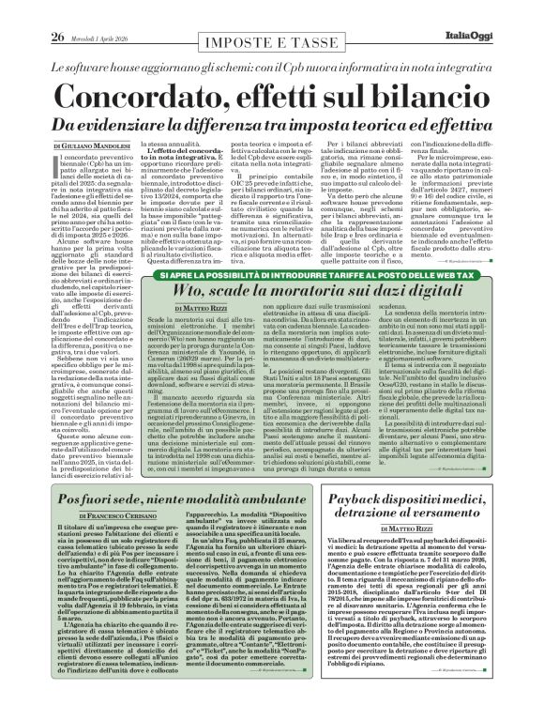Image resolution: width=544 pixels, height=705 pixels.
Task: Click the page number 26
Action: tap(30, 11)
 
